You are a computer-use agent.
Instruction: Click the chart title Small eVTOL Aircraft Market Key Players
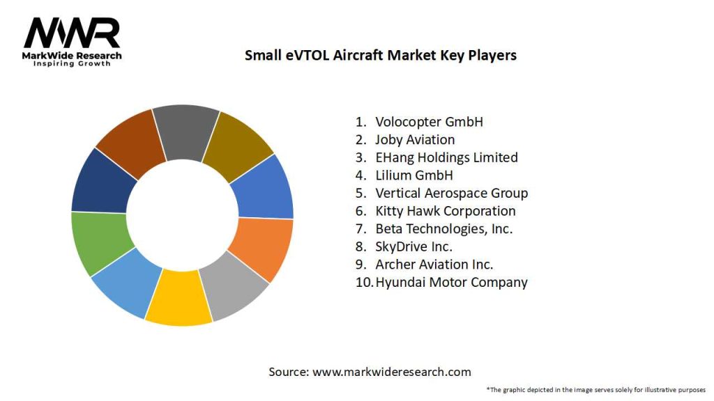(x=380, y=55)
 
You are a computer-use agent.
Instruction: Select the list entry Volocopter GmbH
(x=429, y=122)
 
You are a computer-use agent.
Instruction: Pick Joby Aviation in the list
(x=415, y=140)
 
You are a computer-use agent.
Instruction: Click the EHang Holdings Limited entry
(x=446, y=157)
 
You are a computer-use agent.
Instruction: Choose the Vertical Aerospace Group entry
(x=451, y=193)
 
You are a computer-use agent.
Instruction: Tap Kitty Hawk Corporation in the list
(x=445, y=211)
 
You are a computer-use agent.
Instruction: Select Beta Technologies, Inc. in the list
(x=443, y=229)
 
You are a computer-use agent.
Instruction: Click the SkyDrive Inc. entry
(x=413, y=246)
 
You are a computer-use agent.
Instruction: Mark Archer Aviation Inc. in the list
(x=434, y=265)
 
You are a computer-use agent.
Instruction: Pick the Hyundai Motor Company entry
(x=451, y=282)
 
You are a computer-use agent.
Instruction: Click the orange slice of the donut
(x=263, y=247)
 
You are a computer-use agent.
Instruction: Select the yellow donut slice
(x=178, y=300)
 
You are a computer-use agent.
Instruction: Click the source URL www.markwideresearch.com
(x=391, y=372)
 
